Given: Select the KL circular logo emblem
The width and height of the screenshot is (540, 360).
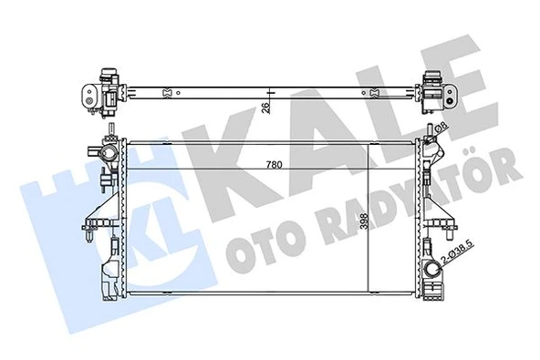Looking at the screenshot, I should click(73, 220).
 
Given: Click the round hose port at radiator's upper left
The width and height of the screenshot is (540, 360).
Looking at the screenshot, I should click(103, 152).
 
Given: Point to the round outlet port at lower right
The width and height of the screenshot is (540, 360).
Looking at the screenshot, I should click(430, 271).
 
